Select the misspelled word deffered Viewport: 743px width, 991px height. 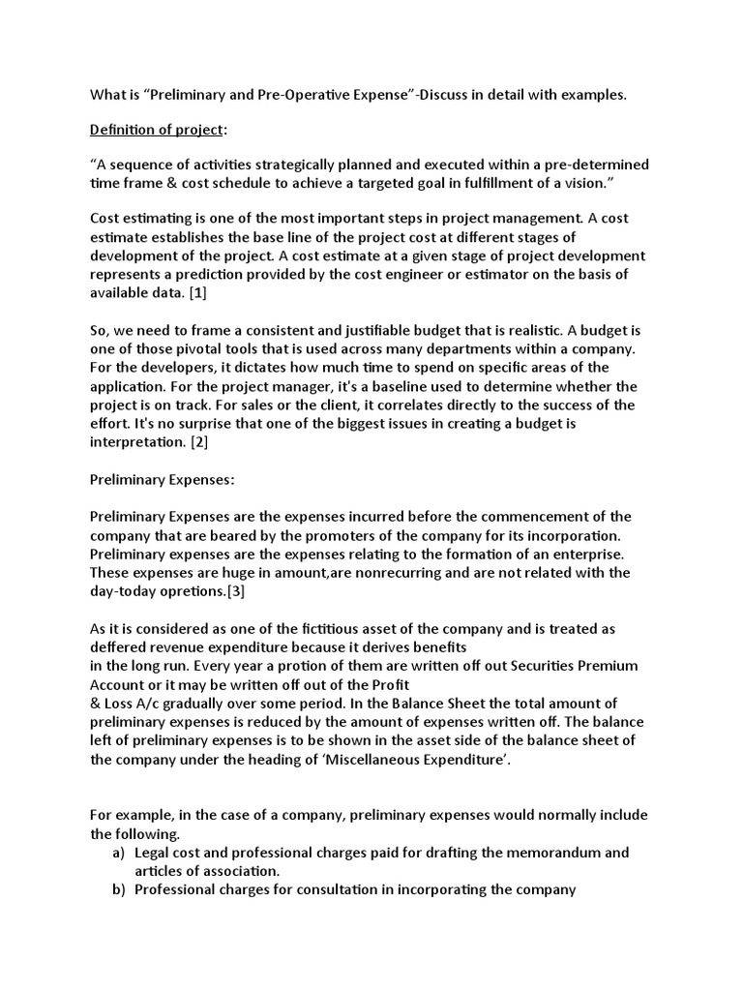(x=122, y=646)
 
